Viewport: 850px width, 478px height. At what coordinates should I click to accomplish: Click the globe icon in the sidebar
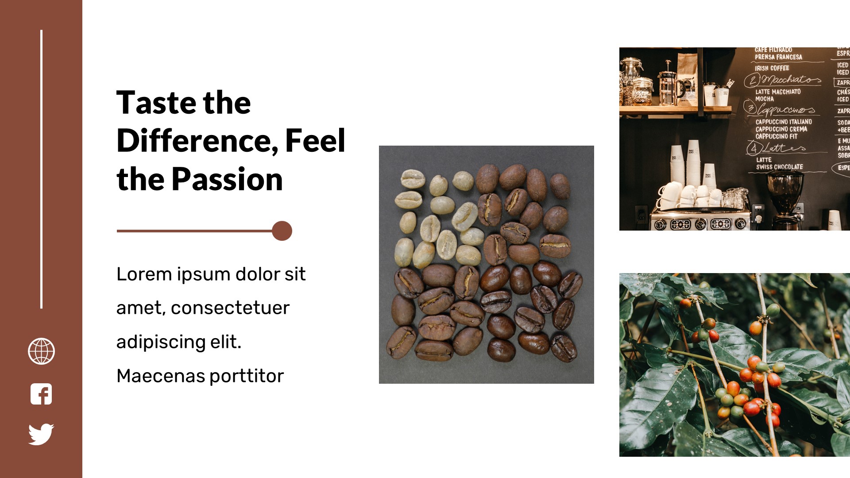[41, 351]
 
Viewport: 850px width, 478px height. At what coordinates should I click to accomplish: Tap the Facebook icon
[41, 394]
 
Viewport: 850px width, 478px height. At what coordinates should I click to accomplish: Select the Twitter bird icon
[41, 434]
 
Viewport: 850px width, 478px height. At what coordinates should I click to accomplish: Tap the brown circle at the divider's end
[282, 231]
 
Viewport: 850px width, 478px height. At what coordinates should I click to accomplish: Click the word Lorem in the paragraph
[144, 274]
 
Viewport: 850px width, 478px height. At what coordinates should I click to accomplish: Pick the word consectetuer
[230, 308]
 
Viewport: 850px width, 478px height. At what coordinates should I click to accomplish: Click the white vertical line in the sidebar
[42, 168]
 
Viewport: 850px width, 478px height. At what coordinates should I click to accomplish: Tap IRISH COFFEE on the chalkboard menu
[772, 68]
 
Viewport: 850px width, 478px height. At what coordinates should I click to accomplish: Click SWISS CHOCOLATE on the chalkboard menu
[779, 167]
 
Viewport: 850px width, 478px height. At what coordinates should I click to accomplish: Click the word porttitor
[246, 376]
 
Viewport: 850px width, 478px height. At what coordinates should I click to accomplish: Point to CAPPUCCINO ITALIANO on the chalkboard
[784, 122]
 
